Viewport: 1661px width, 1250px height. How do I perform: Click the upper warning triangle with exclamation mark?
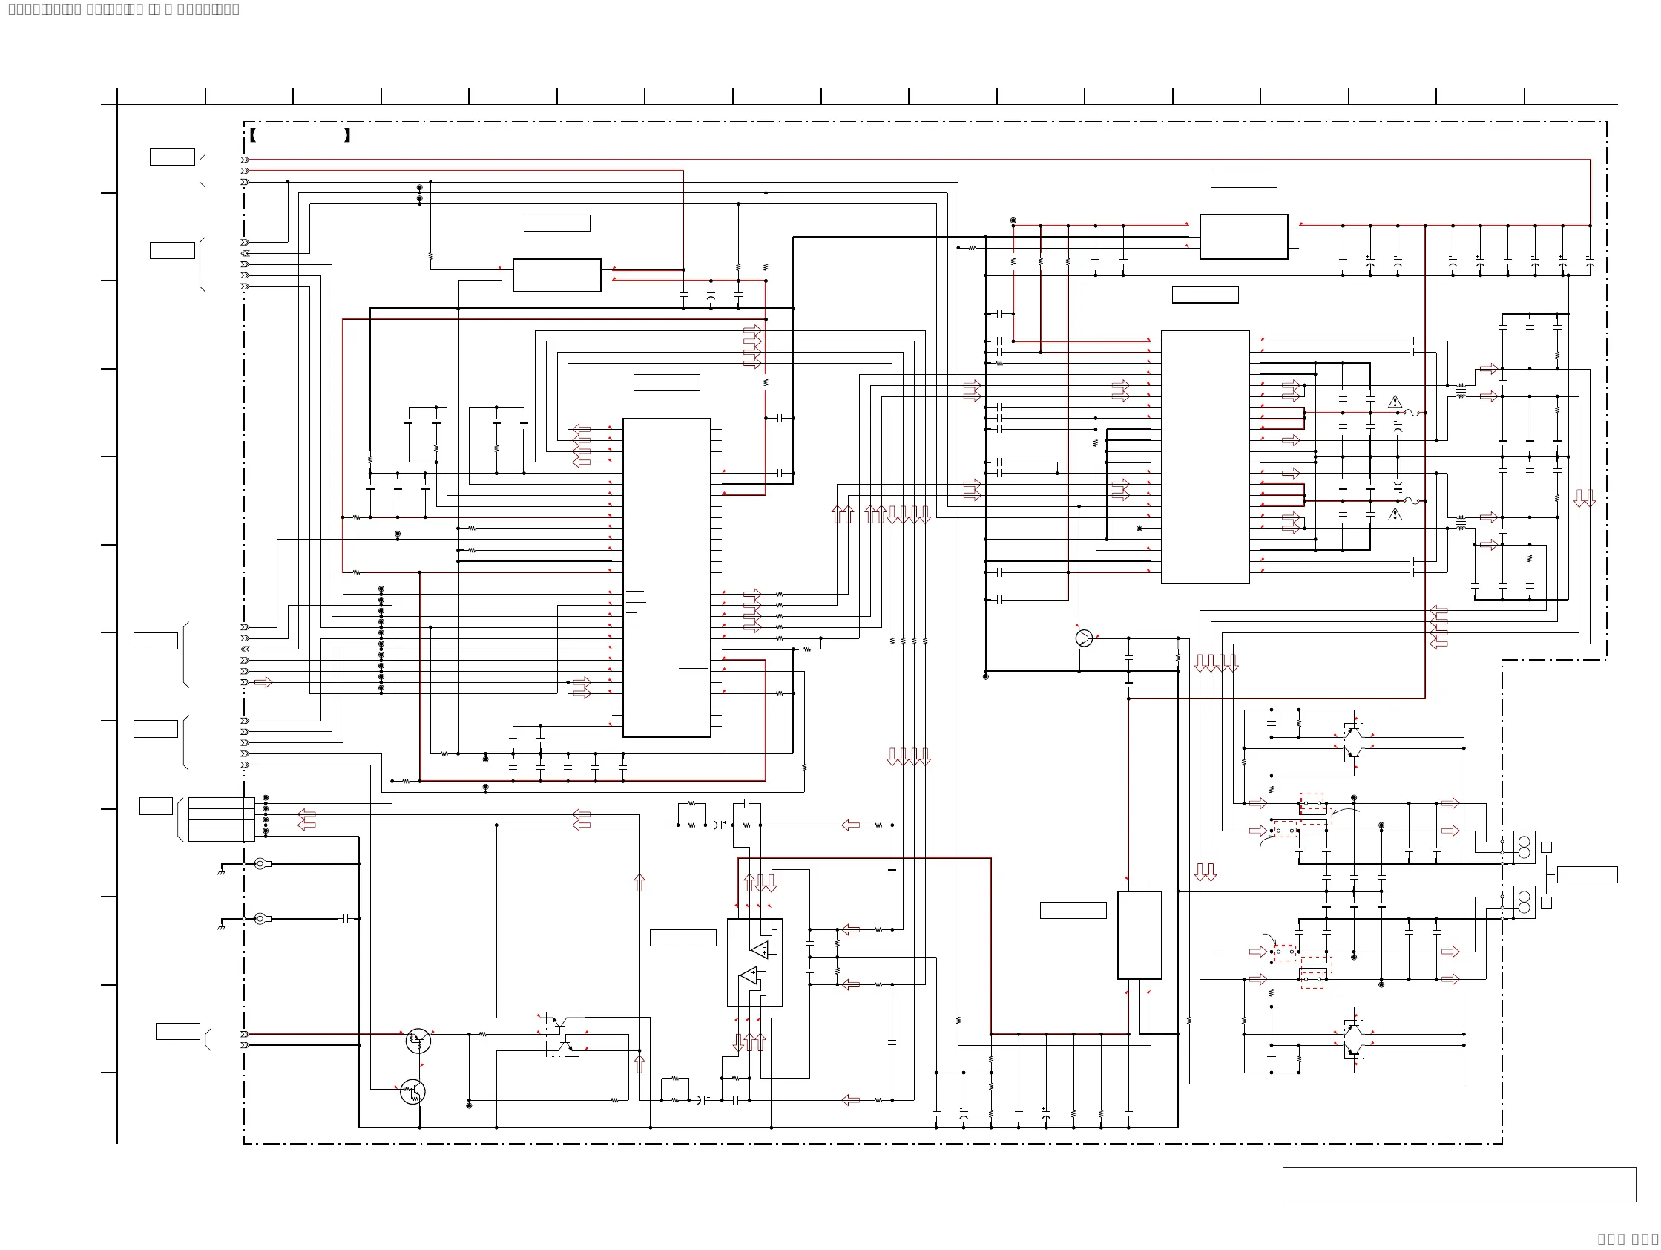click(1395, 402)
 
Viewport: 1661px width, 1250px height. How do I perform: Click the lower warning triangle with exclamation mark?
click(1395, 514)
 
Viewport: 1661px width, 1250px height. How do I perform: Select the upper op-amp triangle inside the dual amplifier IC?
click(760, 949)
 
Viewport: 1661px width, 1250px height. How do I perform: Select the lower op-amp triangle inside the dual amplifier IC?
click(749, 977)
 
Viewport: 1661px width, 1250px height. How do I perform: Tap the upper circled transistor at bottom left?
click(418, 1041)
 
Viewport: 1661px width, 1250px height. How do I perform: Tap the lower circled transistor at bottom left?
click(412, 1091)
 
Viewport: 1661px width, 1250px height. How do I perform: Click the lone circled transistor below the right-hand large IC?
click(1084, 638)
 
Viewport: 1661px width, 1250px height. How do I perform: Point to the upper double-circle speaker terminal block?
click(1524, 848)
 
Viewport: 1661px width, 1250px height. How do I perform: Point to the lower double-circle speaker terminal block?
click(1524, 902)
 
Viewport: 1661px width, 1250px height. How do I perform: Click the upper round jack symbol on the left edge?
click(260, 864)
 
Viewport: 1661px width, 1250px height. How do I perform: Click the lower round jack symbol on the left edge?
click(260, 919)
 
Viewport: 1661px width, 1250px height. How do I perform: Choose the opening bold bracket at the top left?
click(253, 136)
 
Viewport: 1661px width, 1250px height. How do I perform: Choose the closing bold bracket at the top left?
click(347, 136)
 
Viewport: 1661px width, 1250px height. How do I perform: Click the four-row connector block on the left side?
click(222, 819)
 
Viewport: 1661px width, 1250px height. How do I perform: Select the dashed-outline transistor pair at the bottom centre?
click(562, 1035)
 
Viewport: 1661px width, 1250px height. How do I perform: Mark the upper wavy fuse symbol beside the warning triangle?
click(1411, 413)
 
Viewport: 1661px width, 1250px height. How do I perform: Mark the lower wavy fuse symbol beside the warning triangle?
click(1411, 501)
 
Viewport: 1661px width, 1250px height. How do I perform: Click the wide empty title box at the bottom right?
click(1458, 1185)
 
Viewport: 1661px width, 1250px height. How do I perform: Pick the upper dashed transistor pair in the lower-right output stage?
click(1354, 742)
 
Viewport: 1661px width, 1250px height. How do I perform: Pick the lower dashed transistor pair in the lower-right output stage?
click(1354, 1039)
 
